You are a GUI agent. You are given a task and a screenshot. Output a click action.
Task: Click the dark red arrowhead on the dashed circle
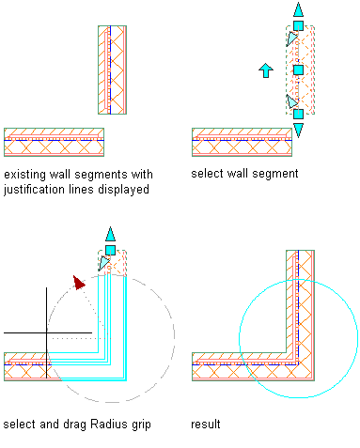(x=79, y=283)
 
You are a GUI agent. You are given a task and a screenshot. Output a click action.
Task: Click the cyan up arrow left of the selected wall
(x=266, y=70)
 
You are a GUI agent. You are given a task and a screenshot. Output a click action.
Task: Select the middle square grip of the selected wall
(x=298, y=70)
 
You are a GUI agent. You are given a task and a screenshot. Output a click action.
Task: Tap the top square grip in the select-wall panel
(x=298, y=25)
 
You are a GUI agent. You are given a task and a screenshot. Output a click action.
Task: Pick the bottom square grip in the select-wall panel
(x=298, y=114)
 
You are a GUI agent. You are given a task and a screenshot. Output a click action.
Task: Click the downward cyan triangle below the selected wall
(x=298, y=130)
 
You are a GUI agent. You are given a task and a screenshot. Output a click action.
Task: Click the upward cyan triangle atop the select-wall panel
(x=298, y=9)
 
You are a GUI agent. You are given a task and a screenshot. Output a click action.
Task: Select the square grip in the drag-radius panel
(x=110, y=250)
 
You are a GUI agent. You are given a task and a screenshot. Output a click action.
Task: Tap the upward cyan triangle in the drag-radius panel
(x=110, y=234)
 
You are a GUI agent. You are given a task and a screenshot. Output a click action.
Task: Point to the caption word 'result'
(x=206, y=425)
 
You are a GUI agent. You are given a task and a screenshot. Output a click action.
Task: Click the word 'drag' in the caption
(x=74, y=425)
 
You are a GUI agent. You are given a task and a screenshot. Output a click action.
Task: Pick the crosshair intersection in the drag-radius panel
(x=47, y=332)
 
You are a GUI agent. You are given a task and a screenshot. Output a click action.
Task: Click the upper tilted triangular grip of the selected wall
(x=292, y=39)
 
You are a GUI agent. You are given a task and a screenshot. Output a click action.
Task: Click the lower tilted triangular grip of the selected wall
(x=292, y=100)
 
